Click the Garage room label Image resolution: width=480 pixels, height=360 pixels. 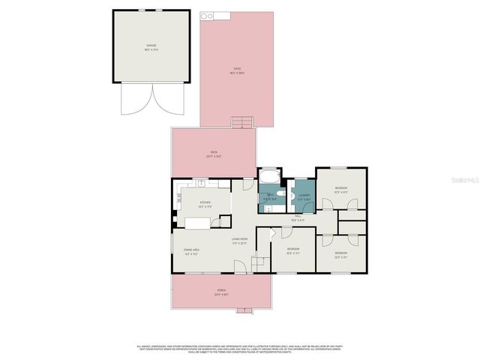click(151, 47)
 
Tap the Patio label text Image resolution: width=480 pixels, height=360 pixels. click(237, 70)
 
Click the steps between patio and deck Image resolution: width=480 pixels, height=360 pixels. click(241, 123)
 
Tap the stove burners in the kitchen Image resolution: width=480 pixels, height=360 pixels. click(179, 200)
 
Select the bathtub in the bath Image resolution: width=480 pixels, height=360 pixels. click(268, 177)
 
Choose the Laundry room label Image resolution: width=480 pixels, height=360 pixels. click(304, 196)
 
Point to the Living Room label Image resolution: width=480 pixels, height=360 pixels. click(239, 241)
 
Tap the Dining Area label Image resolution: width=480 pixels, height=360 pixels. click(191, 251)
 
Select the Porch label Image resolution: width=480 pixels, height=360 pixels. click(222, 292)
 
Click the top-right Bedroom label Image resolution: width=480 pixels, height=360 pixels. click(340, 189)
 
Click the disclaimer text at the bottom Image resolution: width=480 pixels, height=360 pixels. click(239, 348)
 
